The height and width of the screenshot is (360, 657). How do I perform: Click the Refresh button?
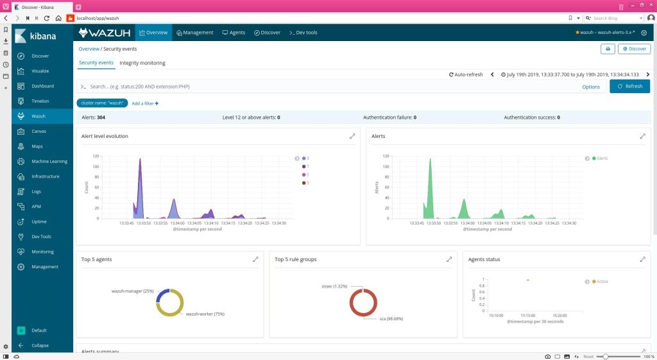[x=629, y=86]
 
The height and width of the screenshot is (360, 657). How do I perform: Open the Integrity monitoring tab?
[x=142, y=63]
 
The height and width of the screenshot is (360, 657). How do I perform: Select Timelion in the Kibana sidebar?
[x=40, y=101]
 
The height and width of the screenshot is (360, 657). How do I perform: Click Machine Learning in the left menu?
[x=49, y=161]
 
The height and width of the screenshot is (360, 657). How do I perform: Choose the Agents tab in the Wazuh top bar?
[x=234, y=32]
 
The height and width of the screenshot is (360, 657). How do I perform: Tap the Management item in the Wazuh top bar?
[x=194, y=32]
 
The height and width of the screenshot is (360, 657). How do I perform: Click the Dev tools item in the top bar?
[x=303, y=32]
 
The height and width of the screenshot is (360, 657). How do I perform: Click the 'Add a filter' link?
[x=145, y=103]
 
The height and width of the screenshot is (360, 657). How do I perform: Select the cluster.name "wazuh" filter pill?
[x=102, y=103]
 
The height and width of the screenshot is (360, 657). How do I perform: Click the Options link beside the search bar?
[x=591, y=87]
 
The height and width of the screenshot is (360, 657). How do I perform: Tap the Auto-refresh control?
[x=466, y=74]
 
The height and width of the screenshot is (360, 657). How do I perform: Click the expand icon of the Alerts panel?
[x=642, y=136]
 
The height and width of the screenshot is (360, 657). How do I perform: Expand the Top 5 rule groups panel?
[x=449, y=259]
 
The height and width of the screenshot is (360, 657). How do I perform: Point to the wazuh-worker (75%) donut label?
[x=205, y=314]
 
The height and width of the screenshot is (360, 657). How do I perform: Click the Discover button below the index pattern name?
[x=634, y=49]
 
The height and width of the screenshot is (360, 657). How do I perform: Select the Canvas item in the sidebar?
[x=39, y=131]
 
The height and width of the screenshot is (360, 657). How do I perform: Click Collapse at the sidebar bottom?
[x=41, y=345]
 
